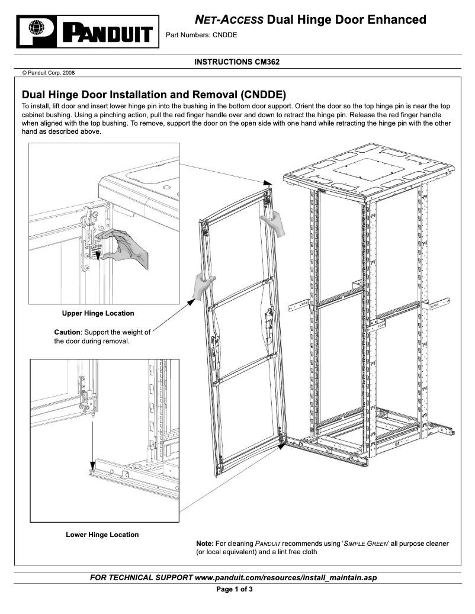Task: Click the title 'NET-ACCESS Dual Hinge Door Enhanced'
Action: [x=310, y=20]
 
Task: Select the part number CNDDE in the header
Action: [x=226, y=35]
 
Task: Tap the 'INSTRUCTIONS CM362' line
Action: [x=237, y=62]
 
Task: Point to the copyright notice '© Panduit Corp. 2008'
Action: [x=49, y=73]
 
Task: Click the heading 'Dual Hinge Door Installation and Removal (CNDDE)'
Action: [x=154, y=95]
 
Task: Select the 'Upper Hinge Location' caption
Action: [x=98, y=313]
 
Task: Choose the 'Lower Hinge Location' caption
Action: [x=102, y=535]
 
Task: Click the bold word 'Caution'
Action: [x=66, y=332]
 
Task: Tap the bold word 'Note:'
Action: [x=204, y=543]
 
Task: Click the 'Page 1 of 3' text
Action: [x=237, y=590]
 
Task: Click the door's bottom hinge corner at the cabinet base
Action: [x=283, y=439]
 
